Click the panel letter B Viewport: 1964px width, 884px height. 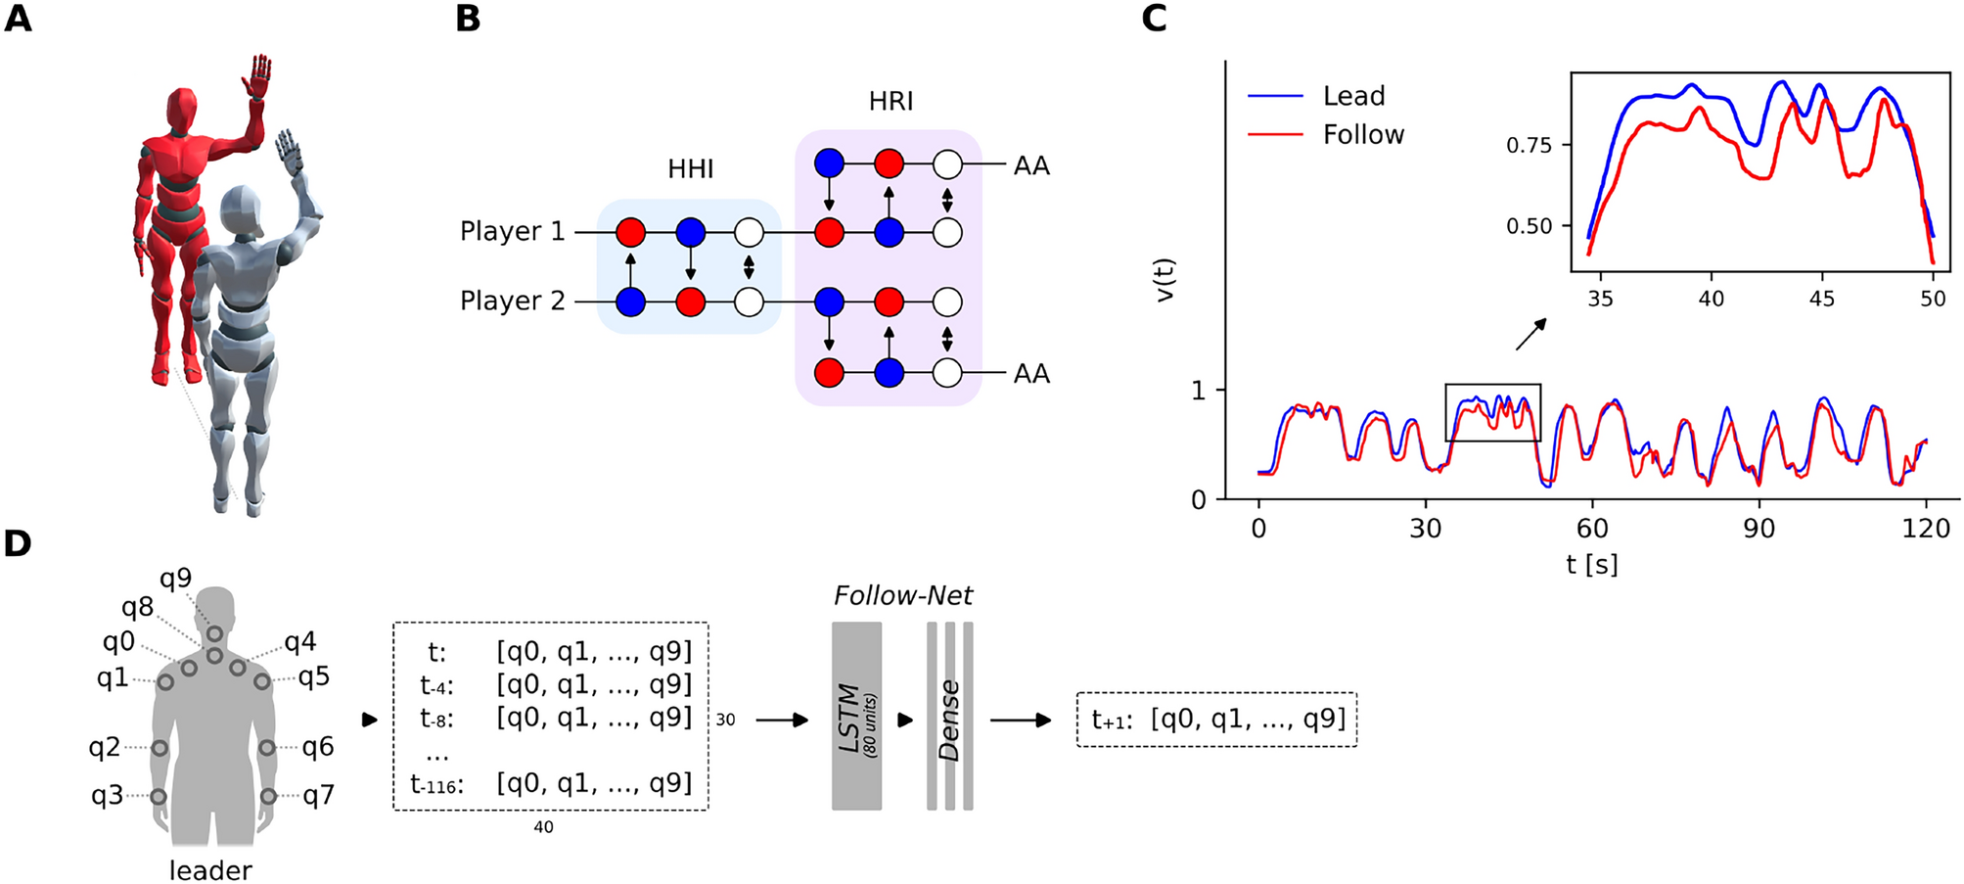(468, 19)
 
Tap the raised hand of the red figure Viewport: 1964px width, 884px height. (258, 77)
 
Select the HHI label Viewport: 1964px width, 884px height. (690, 169)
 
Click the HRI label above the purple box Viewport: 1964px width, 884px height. (890, 101)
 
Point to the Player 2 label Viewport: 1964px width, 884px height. (513, 301)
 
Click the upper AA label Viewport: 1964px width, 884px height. (1031, 165)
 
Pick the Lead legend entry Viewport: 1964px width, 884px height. (1353, 96)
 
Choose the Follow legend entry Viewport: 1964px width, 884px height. (1363, 134)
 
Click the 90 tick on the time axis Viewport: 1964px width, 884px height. (1758, 529)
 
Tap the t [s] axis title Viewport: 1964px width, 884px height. (1591, 564)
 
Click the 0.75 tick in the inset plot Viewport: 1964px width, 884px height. (1529, 146)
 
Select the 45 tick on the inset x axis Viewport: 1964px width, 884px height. (1821, 299)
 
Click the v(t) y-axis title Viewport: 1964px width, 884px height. (1165, 280)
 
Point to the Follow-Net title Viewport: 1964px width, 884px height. (902, 595)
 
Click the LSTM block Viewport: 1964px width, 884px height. (856, 717)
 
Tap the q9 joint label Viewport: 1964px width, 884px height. (176, 579)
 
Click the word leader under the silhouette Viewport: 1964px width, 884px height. (210, 869)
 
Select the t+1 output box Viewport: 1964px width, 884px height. (1216, 720)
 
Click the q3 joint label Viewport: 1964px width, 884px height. (107, 795)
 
